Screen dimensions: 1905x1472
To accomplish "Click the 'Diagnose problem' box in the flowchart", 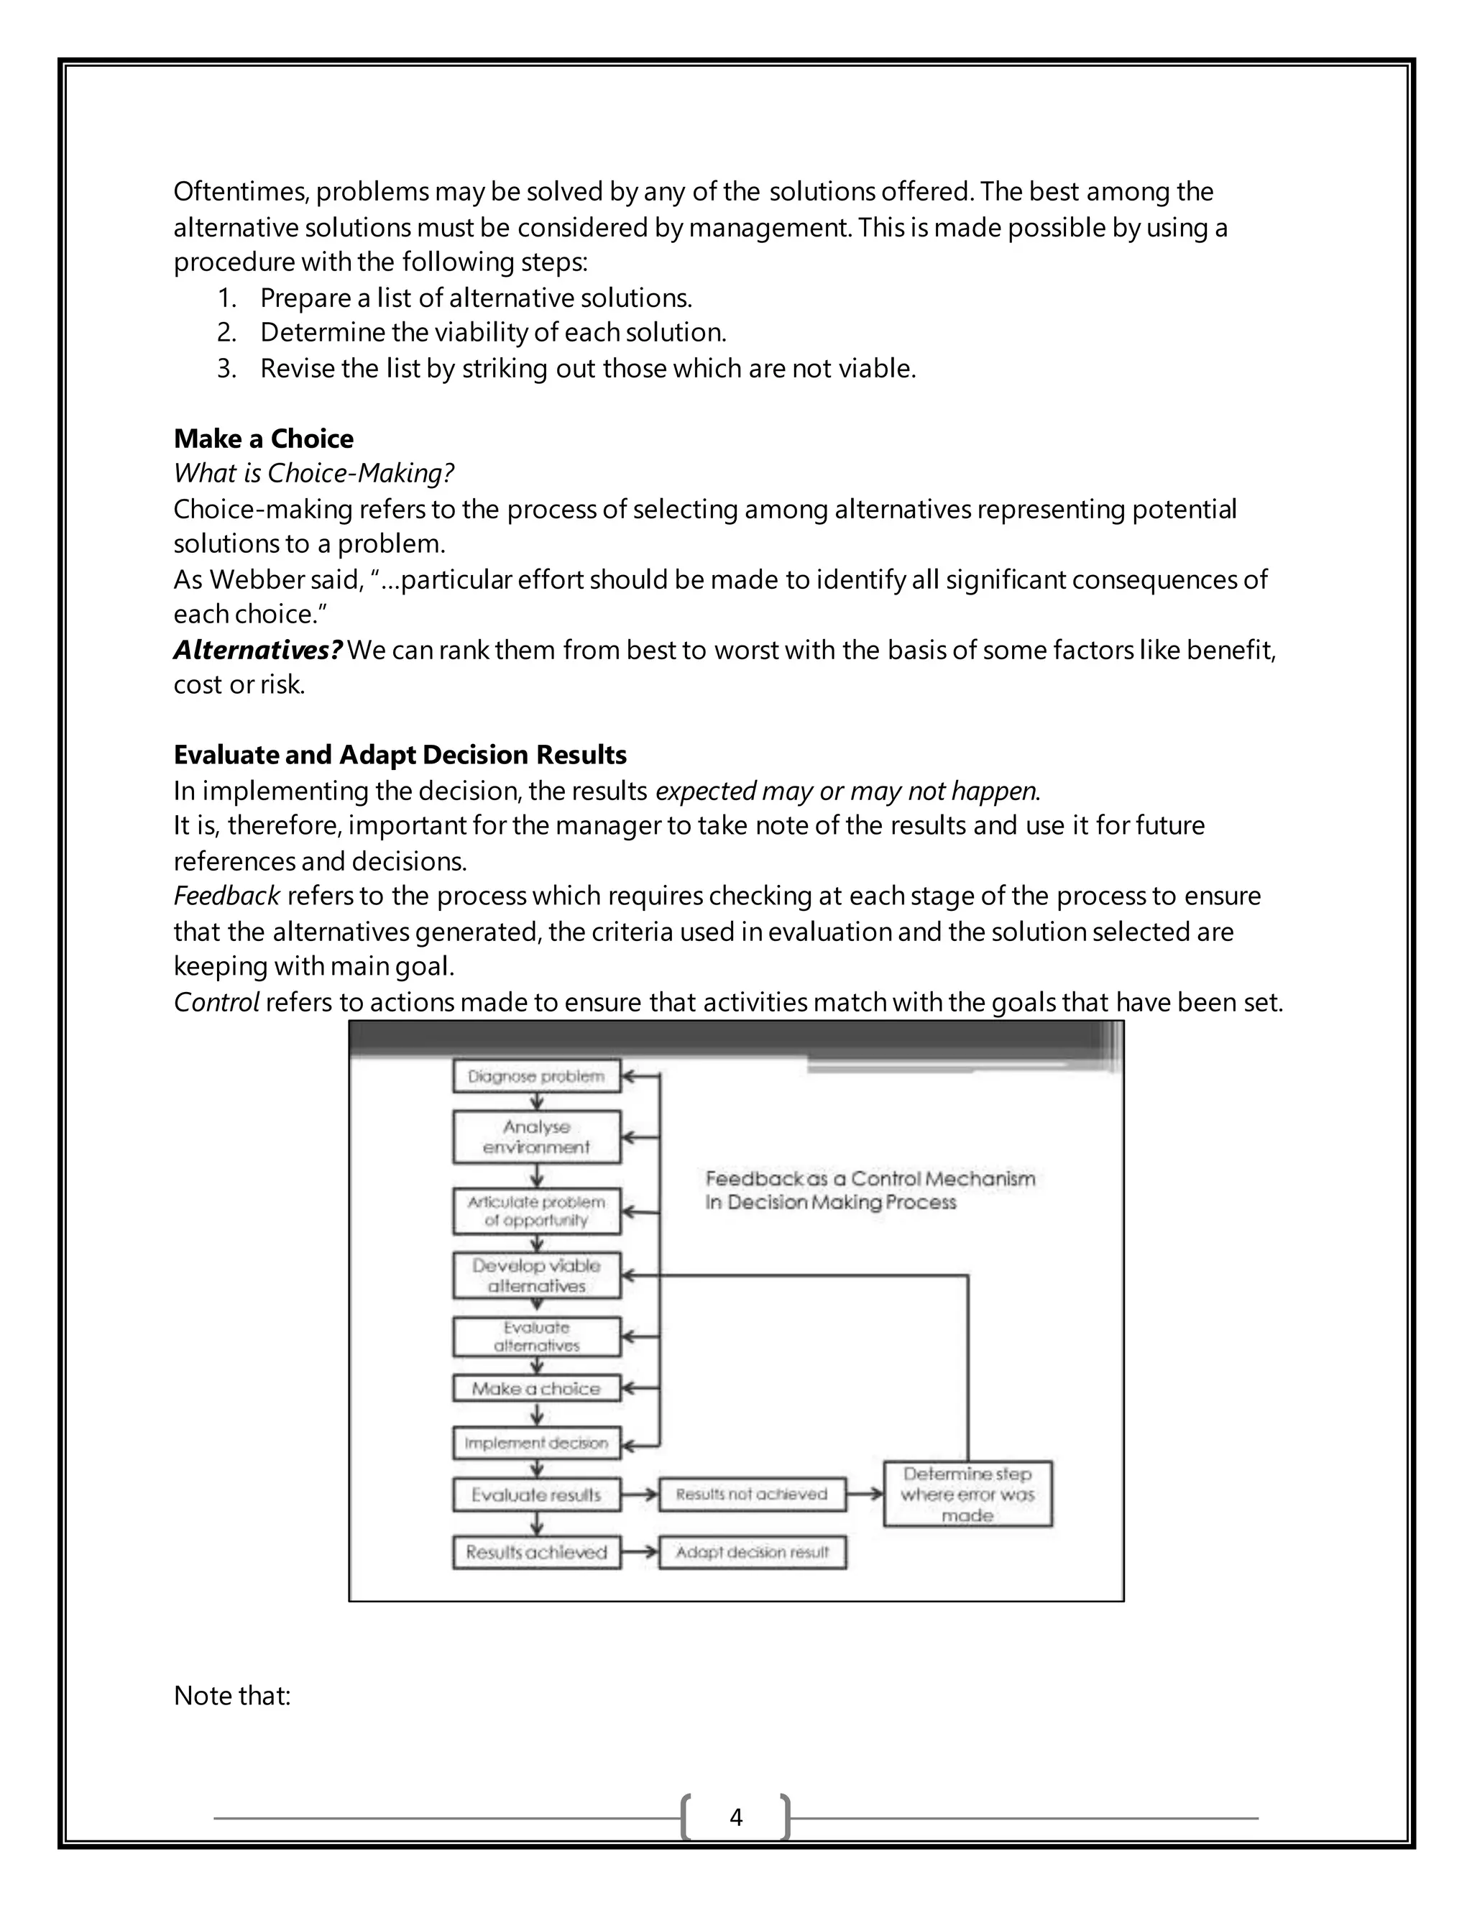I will click(x=536, y=1076).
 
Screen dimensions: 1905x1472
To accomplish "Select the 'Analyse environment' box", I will click(x=536, y=1137).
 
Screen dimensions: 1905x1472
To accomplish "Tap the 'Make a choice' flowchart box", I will click(x=536, y=1389).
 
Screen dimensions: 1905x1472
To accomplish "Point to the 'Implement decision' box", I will click(x=536, y=1443).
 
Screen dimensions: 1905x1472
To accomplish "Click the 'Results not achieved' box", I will click(x=752, y=1495).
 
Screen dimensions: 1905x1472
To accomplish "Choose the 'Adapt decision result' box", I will click(x=752, y=1553).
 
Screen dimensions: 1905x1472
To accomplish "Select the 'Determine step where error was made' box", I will click(x=967, y=1495).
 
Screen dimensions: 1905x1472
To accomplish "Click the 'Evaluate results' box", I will click(x=536, y=1495).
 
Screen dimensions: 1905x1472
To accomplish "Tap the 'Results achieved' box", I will click(x=536, y=1553).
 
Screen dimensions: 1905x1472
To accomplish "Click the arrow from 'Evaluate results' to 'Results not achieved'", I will click(x=640, y=1495).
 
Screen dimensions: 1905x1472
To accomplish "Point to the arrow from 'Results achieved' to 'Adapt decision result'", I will click(x=640, y=1553).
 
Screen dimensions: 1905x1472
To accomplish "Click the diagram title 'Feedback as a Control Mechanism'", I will click(x=870, y=1179).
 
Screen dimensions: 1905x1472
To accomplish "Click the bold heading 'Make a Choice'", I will click(x=263, y=439).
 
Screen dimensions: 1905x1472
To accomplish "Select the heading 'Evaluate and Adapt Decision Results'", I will click(x=400, y=755).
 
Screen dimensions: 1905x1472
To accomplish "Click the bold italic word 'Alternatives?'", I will click(x=258, y=650).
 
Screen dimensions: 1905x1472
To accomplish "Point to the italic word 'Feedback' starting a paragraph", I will click(x=226, y=896).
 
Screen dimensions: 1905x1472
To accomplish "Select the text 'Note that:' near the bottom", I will click(x=232, y=1696).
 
